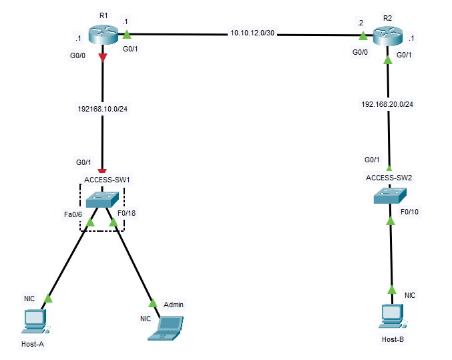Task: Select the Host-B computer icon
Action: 392,316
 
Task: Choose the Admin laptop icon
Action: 165,327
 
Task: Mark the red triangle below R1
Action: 102,57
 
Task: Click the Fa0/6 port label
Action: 72,214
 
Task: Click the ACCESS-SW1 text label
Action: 107,179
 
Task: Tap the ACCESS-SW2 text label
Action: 389,177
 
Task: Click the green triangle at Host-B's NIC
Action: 392,292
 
